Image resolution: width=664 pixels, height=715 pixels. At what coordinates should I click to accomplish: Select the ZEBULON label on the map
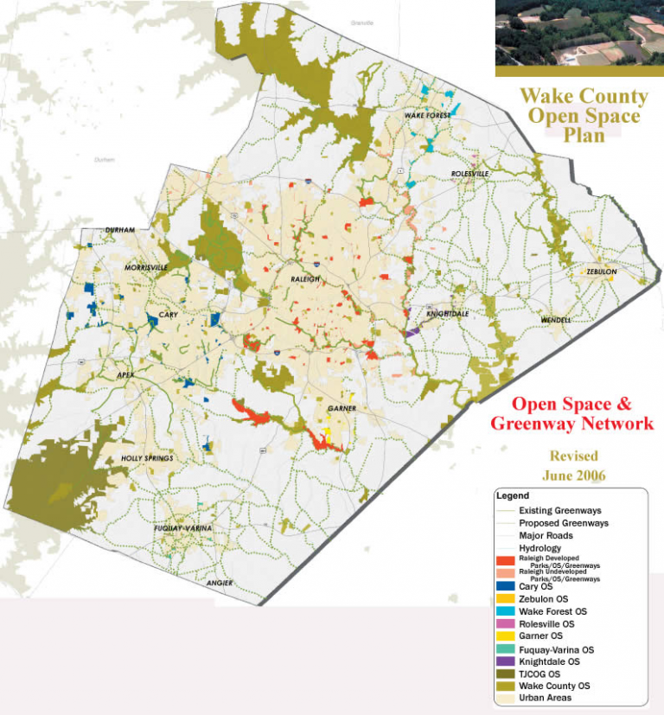pos(602,271)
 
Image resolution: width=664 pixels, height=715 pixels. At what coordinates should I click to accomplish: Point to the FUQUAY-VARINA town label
pos(182,527)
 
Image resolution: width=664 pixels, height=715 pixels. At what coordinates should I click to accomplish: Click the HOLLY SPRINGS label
pos(148,457)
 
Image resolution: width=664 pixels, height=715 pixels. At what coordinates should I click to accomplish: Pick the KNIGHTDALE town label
pos(447,314)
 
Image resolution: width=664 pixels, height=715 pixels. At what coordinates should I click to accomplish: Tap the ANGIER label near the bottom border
pos(220,583)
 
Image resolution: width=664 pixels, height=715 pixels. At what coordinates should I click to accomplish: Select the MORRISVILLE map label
pos(146,268)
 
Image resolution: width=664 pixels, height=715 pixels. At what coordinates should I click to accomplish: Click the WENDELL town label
pos(555,320)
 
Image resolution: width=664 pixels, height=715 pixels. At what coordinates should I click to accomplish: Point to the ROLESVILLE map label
pos(470,174)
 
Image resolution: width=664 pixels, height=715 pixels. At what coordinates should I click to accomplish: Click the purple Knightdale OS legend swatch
pos(506,661)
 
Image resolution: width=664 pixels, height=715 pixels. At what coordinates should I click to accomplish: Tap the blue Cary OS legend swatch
pos(506,586)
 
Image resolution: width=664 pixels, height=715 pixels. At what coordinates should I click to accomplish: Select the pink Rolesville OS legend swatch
pos(506,623)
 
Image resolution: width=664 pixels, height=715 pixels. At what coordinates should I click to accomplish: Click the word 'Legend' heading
pos(512,496)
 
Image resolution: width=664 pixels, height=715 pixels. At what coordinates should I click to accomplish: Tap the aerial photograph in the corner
pos(578,38)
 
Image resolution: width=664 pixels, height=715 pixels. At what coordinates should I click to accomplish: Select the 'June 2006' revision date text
pos(573,476)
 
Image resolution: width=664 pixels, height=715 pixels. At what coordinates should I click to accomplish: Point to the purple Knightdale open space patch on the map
pos(412,331)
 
